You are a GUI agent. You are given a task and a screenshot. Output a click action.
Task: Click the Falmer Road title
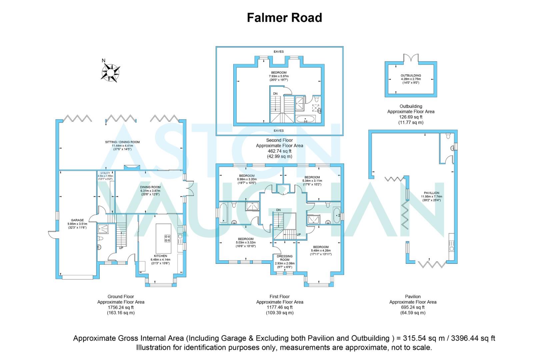pyautogui.click(x=284, y=17)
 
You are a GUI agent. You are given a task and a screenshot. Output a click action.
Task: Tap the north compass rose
pyautogui.click(x=111, y=71)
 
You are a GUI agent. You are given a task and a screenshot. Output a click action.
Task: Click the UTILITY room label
pyautogui.click(x=105, y=173)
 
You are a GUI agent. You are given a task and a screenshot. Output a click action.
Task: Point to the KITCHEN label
pyautogui.click(x=160, y=256)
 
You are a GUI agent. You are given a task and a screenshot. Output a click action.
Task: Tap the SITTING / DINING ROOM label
pyautogui.click(x=122, y=142)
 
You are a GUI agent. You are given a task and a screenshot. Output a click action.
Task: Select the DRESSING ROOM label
pyautogui.click(x=284, y=258)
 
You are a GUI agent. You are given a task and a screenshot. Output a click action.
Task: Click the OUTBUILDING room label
pyautogui.click(x=411, y=76)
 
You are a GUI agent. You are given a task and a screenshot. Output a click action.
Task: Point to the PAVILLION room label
pyautogui.click(x=432, y=193)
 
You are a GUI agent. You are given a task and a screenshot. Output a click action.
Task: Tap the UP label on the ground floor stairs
pyautogui.click(x=121, y=248)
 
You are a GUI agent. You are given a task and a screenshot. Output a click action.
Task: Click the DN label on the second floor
pyautogui.click(x=275, y=94)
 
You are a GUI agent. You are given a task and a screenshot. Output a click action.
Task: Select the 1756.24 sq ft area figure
pyautogui.click(x=121, y=307)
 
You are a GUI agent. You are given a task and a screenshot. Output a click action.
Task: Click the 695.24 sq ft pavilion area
pyautogui.click(x=413, y=307)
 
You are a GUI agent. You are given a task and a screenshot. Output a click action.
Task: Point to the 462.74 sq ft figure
pyautogui.click(x=279, y=151)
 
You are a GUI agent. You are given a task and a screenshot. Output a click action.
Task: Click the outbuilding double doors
pyautogui.click(x=410, y=58)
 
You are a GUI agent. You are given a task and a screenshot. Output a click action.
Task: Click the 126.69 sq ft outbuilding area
pyautogui.click(x=411, y=117)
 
